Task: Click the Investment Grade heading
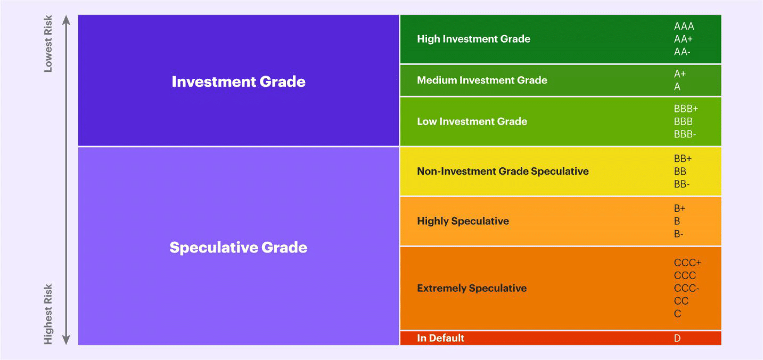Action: [x=239, y=81]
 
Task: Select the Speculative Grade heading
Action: [x=238, y=248]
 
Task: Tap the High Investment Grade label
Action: [x=473, y=39]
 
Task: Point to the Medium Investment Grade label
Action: [x=482, y=80]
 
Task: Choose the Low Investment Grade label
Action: [x=472, y=121]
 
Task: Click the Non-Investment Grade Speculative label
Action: [x=503, y=171]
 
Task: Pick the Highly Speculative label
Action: [x=463, y=221]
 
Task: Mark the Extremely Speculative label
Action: [x=472, y=288]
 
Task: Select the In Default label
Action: [x=440, y=338]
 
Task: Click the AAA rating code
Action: [x=684, y=26]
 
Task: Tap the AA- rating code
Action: [x=682, y=52]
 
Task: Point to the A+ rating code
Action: [x=680, y=74]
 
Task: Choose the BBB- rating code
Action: [x=685, y=134]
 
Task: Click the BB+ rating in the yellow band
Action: [x=683, y=159]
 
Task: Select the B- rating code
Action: [x=678, y=234]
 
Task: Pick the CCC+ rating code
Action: [x=687, y=263]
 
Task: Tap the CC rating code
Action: [x=681, y=301]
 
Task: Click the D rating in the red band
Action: [x=677, y=338]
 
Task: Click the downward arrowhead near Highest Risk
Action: [x=66, y=339]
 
